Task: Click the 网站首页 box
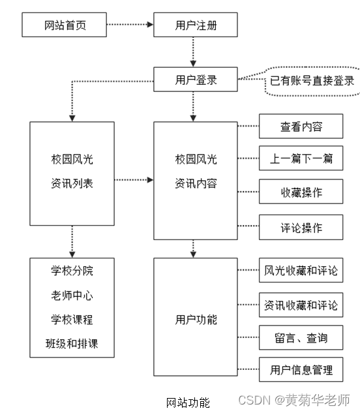pyautogui.click(x=65, y=26)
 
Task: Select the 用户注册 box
pyautogui.click(x=196, y=26)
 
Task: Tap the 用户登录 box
pyautogui.click(x=196, y=80)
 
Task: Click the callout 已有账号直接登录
pyautogui.click(x=312, y=81)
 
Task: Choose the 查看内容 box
pyautogui.click(x=301, y=127)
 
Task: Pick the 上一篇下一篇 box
pyautogui.click(x=301, y=159)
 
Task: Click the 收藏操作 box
pyautogui.click(x=301, y=192)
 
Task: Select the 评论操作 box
pyautogui.click(x=301, y=228)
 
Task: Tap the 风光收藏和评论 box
pyautogui.click(x=301, y=270)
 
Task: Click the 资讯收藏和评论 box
pyautogui.click(x=301, y=305)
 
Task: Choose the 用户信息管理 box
pyautogui.click(x=301, y=371)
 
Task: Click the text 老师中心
pyautogui.click(x=72, y=295)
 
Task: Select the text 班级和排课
pyautogui.click(x=72, y=343)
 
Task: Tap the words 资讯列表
pyautogui.click(x=72, y=183)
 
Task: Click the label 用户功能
pyautogui.click(x=196, y=320)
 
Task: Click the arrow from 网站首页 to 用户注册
pyautogui.click(x=130, y=26)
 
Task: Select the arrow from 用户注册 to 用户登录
pyautogui.click(x=192, y=52)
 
